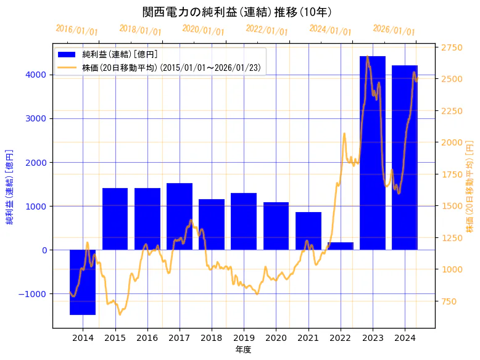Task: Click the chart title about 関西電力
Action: click(237, 12)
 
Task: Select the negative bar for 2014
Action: click(83, 282)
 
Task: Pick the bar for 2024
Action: click(405, 157)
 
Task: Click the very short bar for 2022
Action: click(340, 246)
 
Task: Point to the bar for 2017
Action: click(180, 216)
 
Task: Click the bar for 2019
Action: click(244, 221)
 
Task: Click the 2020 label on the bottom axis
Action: click(276, 338)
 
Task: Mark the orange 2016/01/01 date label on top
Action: click(77, 30)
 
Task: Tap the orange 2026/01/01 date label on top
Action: click(394, 30)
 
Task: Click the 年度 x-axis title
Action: click(244, 350)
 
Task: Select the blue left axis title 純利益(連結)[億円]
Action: click(9, 186)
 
